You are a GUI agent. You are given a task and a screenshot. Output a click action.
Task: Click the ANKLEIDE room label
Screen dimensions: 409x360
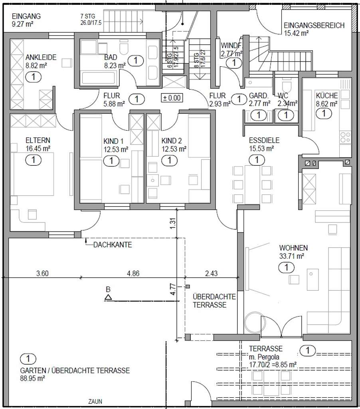pos(41,57)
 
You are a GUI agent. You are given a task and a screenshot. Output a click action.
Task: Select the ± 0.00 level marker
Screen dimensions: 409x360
pos(171,97)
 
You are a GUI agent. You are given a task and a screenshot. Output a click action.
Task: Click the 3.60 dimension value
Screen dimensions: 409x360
pos(42,274)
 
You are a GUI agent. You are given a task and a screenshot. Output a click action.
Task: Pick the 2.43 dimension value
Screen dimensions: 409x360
pos(212,274)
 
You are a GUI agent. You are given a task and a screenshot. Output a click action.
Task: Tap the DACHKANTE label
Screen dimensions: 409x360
pos(113,245)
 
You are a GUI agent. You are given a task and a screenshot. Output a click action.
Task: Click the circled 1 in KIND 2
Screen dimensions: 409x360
pos(169,161)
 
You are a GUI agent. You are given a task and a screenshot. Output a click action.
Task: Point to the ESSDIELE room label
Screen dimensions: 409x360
pos(264,141)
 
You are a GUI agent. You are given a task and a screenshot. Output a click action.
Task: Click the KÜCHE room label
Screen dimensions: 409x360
pos(326,96)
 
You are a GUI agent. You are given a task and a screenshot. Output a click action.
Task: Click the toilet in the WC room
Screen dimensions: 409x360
pos(286,87)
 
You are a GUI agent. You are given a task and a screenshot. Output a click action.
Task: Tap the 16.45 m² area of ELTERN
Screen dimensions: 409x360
pos(38,149)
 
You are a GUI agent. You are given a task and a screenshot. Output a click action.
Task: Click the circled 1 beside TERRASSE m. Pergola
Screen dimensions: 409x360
pos(307,351)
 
